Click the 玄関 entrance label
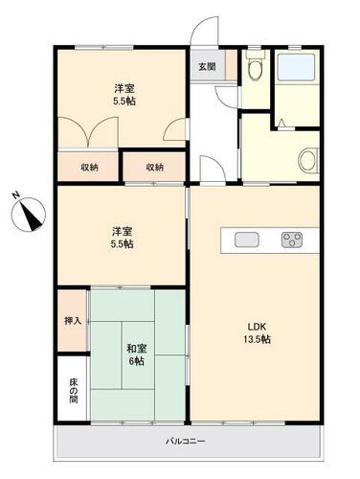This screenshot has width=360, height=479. (207, 67)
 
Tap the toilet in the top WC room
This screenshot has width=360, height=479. (256, 66)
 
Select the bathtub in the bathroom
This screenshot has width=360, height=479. (296, 67)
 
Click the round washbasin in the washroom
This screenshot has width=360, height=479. (308, 160)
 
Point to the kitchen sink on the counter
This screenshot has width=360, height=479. (246, 239)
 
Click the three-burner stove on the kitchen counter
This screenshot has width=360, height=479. (292, 239)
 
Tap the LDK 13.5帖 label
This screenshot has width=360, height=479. (257, 332)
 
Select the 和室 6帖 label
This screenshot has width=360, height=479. (137, 354)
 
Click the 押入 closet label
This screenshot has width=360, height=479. (73, 321)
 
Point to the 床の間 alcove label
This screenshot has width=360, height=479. (74, 391)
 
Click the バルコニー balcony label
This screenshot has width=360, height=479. (185, 442)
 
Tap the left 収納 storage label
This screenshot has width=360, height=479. (89, 167)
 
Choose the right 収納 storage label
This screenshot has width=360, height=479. (155, 167)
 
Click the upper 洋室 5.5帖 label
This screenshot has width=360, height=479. (124, 95)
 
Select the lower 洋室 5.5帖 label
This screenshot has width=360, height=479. (122, 238)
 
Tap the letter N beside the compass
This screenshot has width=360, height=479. (15, 194)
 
